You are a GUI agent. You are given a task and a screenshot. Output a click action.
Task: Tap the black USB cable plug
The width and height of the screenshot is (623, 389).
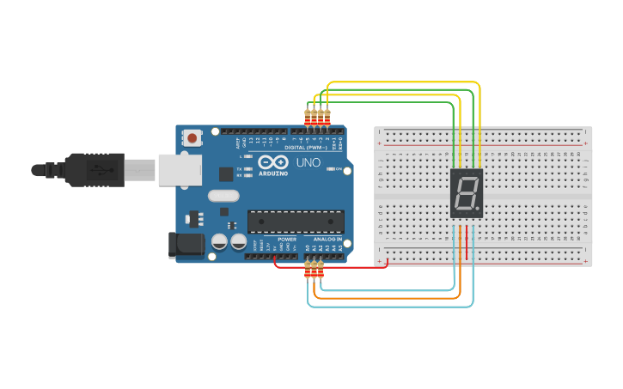pos(95,170)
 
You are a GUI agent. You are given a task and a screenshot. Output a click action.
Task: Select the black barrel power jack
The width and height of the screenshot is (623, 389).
pos(187,245)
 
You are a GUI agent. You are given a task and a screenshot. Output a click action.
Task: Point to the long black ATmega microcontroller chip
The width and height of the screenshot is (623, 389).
pos(296,222)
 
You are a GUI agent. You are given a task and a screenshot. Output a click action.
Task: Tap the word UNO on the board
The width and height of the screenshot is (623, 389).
pos(308,163)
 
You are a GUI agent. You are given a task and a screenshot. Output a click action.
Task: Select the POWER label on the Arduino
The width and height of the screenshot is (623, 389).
pos(286,240)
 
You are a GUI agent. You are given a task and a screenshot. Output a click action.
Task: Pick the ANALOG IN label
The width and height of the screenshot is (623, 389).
pos(326,240)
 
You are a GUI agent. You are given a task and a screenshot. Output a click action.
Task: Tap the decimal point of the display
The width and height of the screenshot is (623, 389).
pos(478,210)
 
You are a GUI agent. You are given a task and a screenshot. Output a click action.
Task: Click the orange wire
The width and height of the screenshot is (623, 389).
pos(387,297)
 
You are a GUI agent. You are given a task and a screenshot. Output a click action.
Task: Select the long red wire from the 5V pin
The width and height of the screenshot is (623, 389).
pos(335,266)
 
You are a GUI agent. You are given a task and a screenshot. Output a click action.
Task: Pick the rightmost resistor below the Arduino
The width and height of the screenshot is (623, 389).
pos(321,271)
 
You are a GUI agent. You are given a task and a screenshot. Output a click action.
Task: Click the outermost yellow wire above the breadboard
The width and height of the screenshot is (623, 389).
pos(404,82)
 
